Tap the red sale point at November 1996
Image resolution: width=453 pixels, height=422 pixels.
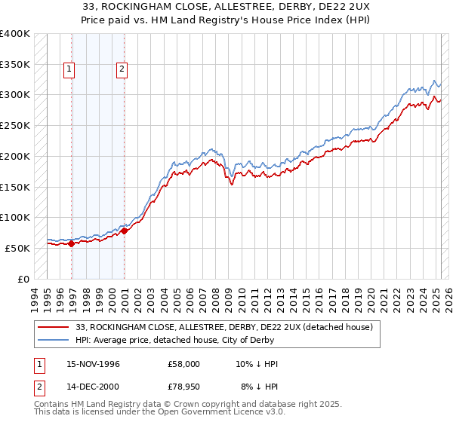71,243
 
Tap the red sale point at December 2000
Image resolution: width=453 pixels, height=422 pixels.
125,231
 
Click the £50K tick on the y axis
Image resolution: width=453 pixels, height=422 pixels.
18,248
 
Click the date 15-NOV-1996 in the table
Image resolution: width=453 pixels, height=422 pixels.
92,364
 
